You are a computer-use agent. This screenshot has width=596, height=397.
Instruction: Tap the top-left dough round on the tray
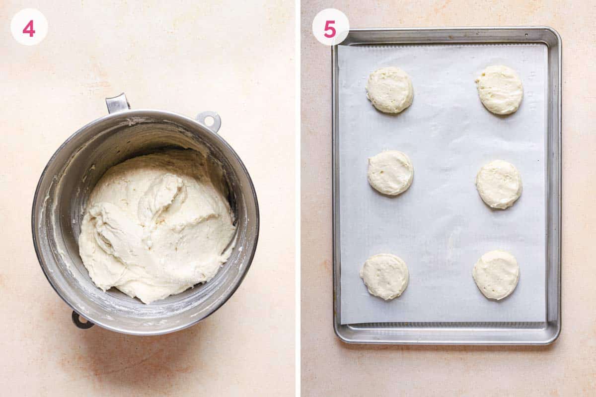tap(390, 90)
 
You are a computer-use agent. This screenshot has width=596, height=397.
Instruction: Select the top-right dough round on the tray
tap(500, 90)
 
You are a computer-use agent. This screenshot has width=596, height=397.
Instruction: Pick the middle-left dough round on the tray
tap(390, 172)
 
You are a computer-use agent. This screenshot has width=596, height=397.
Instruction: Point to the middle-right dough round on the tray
tap(499, 184)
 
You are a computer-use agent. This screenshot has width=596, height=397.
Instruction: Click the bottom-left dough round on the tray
tap(384, 276)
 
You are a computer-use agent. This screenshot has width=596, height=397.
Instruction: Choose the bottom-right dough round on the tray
tap(496, 274)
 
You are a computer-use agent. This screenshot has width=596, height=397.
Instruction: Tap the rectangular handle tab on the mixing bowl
tap(118, 103)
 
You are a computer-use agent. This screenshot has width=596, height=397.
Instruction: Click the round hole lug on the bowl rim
tap(209, 120)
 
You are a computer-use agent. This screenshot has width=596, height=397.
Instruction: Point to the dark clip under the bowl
tap(81, 320)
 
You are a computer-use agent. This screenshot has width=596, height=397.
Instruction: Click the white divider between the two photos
tap(298, 198)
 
